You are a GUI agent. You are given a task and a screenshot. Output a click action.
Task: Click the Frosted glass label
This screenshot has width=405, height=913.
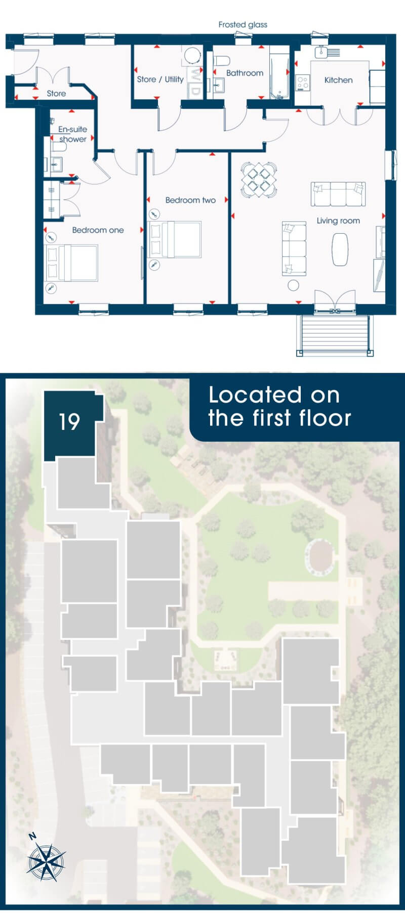pos(243,24)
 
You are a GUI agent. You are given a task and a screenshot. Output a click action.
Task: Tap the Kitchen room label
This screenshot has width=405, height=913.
pos(338,80)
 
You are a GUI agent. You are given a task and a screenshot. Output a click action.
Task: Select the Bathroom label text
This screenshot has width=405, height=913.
pos(245,73)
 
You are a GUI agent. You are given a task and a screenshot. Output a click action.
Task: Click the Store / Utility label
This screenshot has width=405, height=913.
pos(160,79)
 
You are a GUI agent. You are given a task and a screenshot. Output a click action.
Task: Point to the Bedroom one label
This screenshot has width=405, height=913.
pos(98,230)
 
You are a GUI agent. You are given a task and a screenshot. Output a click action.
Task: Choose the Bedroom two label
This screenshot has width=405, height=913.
pos(190,200)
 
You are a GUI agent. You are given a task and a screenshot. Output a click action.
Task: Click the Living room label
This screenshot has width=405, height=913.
pos(338,221)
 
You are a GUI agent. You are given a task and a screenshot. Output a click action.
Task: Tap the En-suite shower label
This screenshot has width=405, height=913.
pos(72,134)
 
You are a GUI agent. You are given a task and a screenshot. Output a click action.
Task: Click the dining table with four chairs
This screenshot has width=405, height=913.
pos(259,180)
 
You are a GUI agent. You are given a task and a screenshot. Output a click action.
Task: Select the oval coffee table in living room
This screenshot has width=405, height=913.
pos(340,249)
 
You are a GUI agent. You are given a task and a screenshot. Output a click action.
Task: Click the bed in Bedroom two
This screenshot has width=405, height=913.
pos(175,240)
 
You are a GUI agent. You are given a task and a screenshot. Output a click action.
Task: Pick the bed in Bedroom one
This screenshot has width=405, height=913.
pos(71,263)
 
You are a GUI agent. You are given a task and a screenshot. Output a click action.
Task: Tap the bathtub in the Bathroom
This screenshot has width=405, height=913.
pos(278,73)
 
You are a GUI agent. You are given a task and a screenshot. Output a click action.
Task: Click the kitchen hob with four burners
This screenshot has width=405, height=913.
pos(303,83)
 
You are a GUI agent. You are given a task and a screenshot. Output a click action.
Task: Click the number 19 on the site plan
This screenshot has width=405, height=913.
pos(69,421)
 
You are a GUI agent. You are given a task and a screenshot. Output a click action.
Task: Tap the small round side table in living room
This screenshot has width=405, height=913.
pos(293,285)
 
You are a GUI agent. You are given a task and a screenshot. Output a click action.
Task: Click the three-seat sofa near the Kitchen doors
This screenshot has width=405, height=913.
pos(338,194)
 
